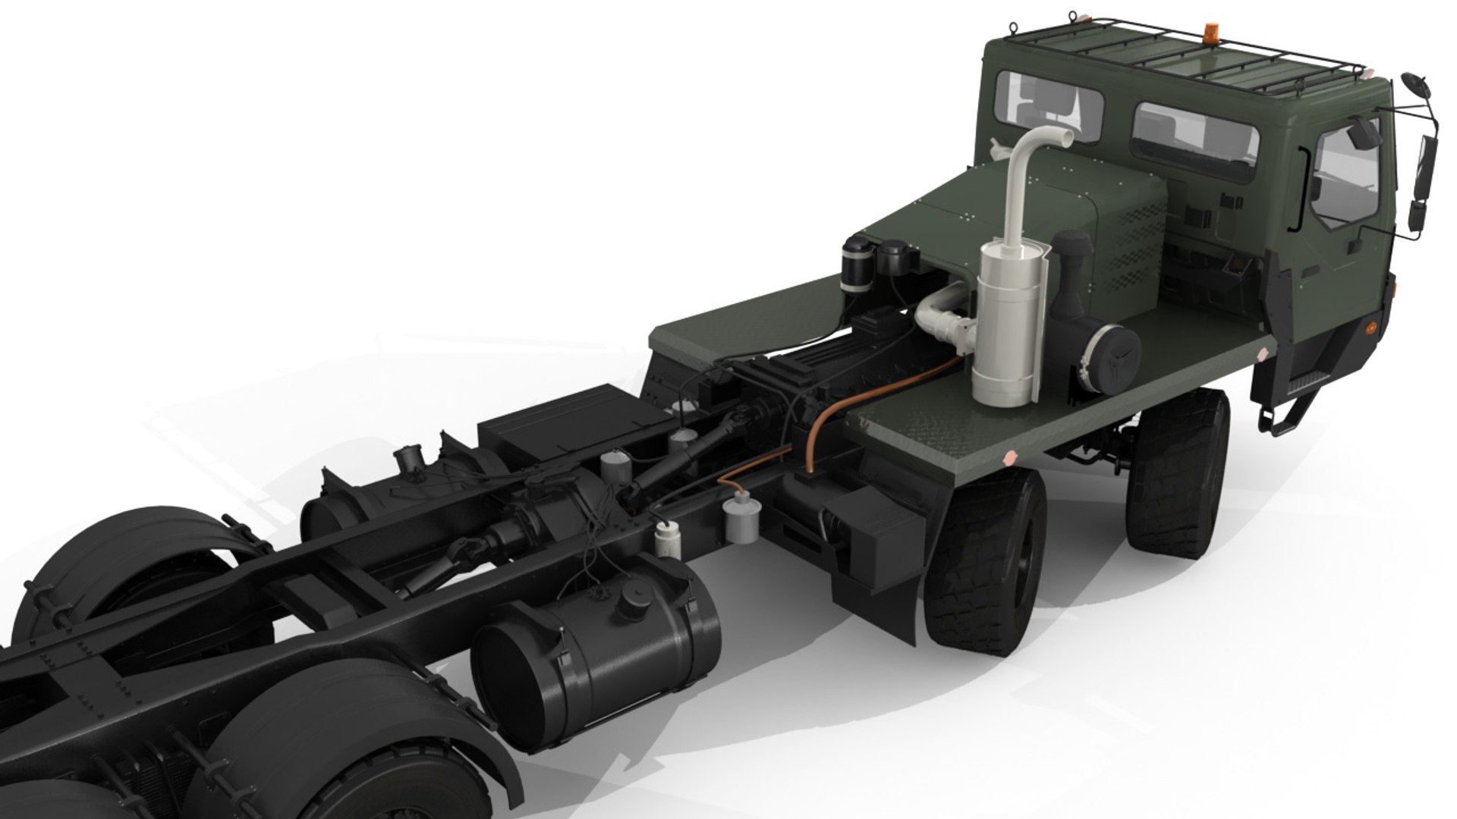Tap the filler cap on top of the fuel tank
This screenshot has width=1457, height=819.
click(632, 603)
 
